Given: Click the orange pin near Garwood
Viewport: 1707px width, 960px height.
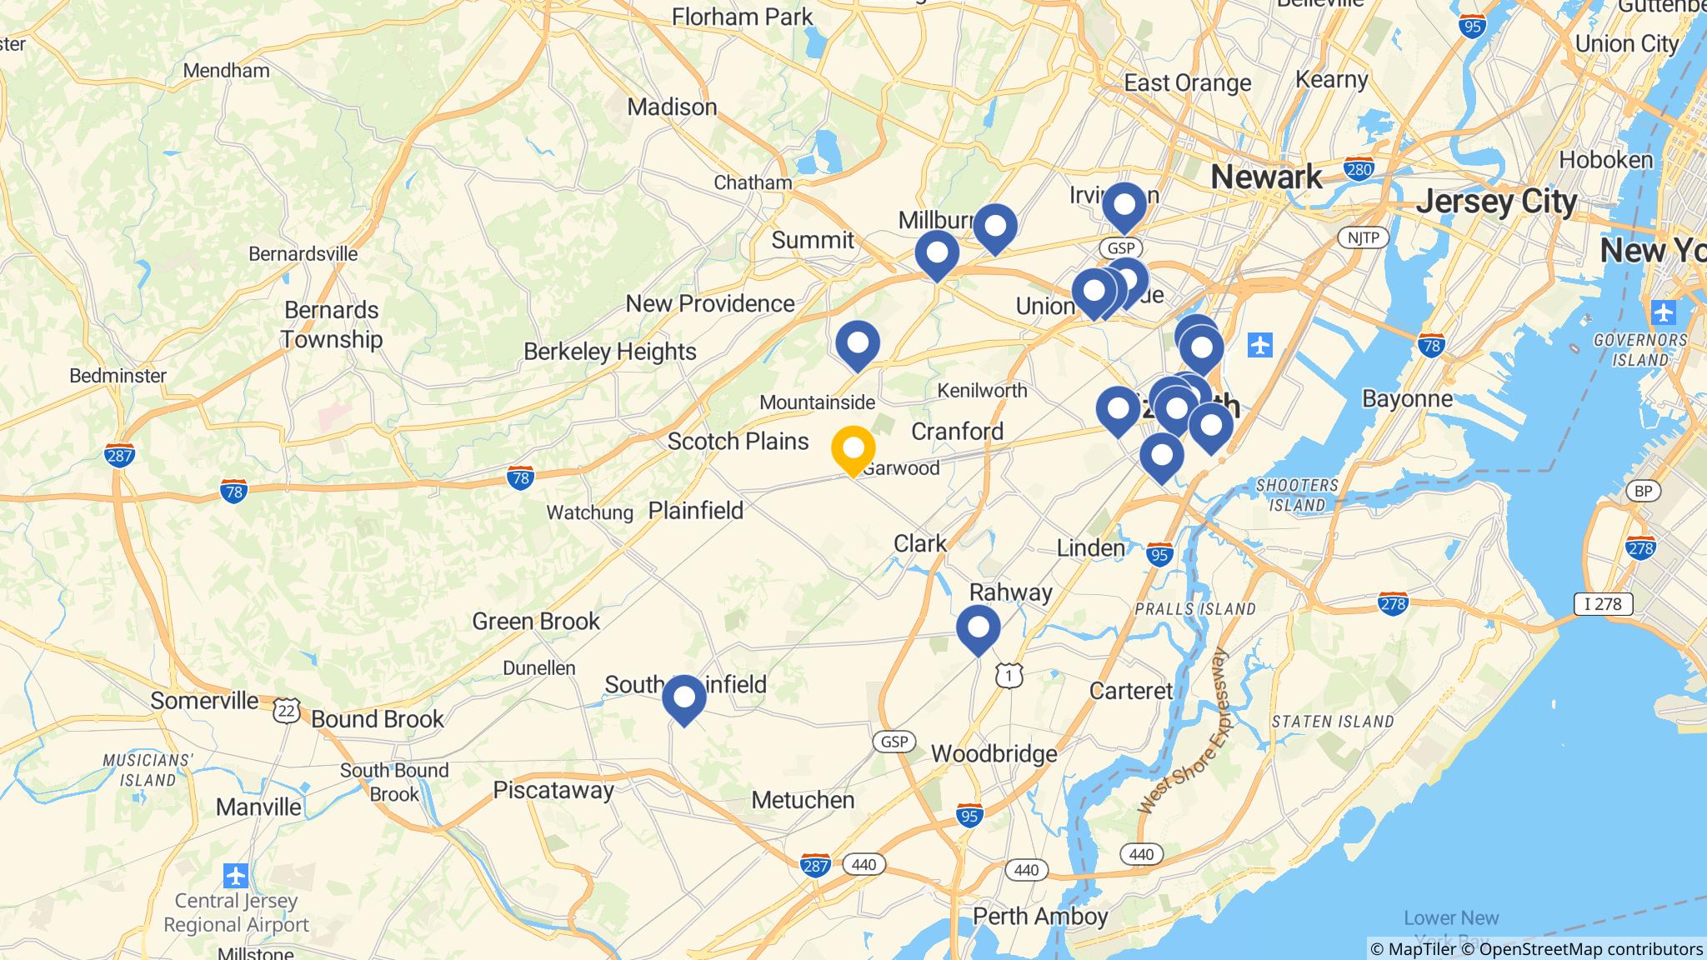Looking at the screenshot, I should click(x=853, y=449).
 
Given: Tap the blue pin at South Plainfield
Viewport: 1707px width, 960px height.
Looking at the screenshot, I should click(x=683, y=698).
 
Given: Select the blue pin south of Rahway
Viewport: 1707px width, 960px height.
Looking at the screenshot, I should click(x=978, y=628).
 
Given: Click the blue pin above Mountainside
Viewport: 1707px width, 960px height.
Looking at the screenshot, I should click(x=857, y=343).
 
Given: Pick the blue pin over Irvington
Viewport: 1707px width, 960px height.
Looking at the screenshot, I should click(x=1124, y=205).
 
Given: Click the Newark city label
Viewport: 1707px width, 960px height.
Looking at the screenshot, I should click(x=1266, y=177).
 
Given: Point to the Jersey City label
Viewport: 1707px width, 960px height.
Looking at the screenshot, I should click(x=1497, y=202).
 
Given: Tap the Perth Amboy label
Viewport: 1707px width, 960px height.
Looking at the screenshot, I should click(x=1040, y=917).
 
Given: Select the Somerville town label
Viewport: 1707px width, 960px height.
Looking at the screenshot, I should click(x=204, y=701).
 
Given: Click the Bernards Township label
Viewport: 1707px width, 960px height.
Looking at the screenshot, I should click(x=332, y=324).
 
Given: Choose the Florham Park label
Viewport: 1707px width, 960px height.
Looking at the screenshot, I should click(x=742, y=17).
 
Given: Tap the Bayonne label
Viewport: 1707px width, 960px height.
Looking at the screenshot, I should click(x=1407, y=399).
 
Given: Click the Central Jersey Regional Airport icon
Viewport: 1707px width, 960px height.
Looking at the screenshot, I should click(x=236, y=876).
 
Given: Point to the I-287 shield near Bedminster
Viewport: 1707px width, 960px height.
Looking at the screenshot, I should click(x=120, y=455).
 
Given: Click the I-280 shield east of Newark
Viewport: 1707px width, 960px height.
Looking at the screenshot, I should click(x=1359, y=169).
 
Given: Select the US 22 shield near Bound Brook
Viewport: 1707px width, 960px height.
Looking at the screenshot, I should click(x=286, y=711).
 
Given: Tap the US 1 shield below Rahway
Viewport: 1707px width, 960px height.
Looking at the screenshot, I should click(x=1009, y=676).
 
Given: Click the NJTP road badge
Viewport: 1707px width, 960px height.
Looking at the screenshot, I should click(x=1363, y=238).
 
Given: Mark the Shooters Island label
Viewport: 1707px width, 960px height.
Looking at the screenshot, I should click(x=1297, y=495).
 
